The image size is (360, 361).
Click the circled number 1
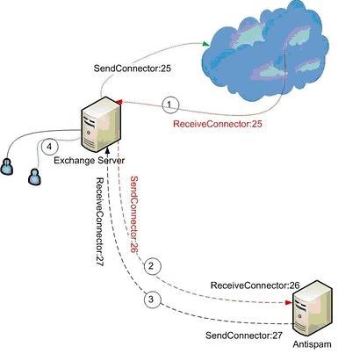coord(169,105)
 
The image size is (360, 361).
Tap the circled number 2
coord(152,266)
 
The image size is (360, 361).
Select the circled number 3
coord(152,300)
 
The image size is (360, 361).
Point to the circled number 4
coord(50,147)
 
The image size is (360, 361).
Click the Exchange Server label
coord(90,161)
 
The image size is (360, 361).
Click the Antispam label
coord(312,344)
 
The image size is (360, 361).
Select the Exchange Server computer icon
coord(101,125)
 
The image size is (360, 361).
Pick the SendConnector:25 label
coord(133,69)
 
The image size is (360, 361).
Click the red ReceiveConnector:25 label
coord(218,124)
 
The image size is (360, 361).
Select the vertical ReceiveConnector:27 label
coord(100,222)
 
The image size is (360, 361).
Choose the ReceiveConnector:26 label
coord(256,285)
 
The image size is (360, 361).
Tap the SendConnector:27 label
coord(244,336)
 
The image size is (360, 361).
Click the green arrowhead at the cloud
coord(206,44)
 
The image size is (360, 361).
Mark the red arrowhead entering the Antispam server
coord(289,302)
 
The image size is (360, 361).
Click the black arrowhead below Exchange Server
coord(108,150)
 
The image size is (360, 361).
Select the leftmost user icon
coord(6,167)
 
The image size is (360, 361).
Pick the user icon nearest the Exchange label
coord(34,177)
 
